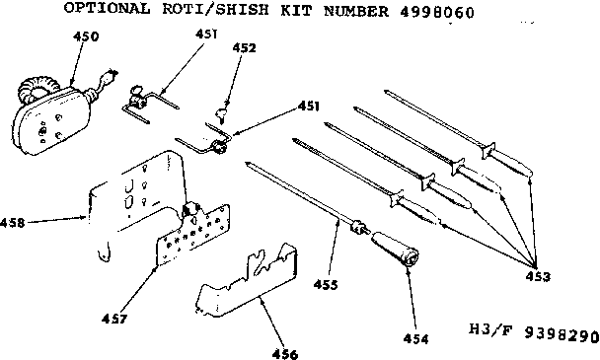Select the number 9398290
click(557, 333)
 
